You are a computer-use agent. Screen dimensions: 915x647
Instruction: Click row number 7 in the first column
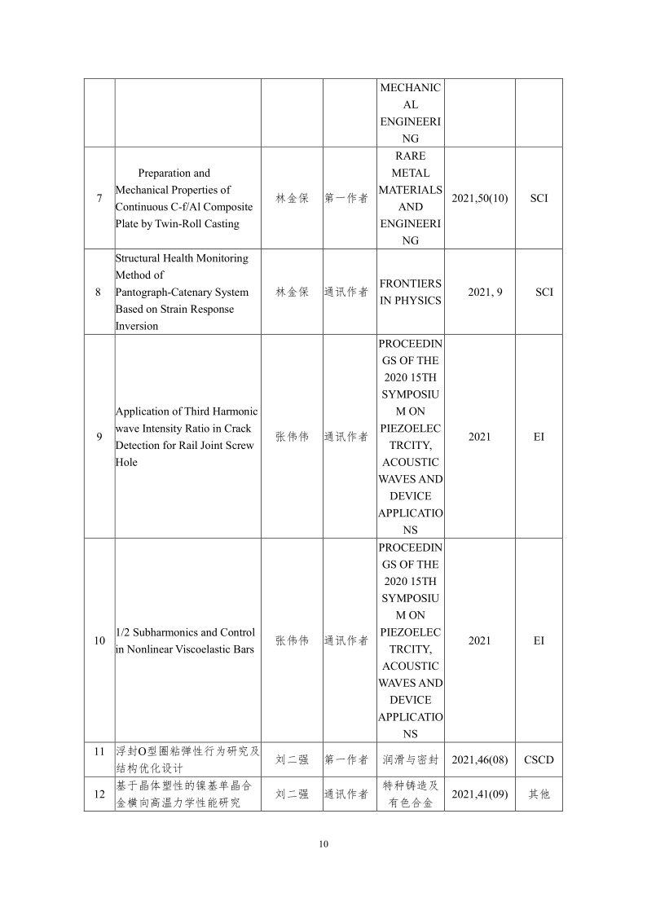click(99, 198)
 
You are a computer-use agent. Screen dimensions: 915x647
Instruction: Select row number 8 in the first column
click(99, 292)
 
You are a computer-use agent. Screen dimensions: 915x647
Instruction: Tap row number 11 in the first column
click(99, 751)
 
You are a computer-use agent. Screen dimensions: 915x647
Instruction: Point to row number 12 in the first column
click(99, 794)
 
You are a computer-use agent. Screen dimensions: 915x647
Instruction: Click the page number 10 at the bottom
click(323, 843)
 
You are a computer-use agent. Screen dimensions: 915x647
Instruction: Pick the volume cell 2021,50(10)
click(479, 198)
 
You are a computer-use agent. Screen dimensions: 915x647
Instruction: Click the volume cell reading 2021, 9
click(479, 292)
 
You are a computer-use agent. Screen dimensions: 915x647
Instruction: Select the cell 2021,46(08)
click(479, 759)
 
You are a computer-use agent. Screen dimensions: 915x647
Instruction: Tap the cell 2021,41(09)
click(479, 794)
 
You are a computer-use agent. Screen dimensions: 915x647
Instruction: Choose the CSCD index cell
click(539, 759)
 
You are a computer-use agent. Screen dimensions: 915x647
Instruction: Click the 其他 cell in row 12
click(539, 794)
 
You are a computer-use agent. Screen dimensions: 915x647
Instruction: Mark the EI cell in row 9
click(539, 437)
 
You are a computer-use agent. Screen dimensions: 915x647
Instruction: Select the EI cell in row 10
click(539, 640)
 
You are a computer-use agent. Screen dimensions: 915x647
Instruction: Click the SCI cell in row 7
click(539, 198)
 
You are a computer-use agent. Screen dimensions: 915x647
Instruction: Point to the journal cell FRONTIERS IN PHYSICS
click(411, 292)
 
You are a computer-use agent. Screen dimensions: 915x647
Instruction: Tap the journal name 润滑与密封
click(411, 759)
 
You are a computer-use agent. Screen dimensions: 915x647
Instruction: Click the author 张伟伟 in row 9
click(292, 437)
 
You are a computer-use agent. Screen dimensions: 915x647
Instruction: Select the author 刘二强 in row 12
click(292, 794)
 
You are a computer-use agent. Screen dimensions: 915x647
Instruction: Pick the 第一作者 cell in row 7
click(346, 198)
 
